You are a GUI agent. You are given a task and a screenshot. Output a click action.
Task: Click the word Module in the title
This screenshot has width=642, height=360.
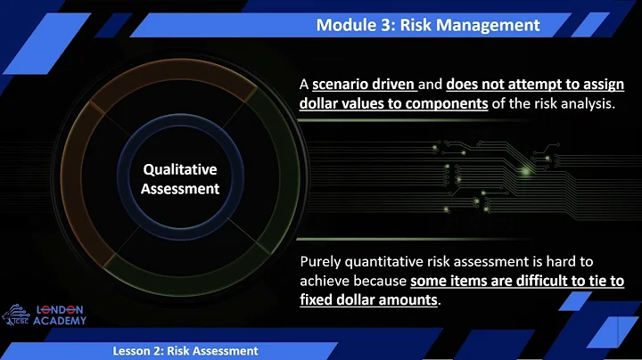[x=343, y=25]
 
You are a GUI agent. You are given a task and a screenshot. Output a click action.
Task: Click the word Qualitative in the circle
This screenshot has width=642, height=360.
[x=180, y=169]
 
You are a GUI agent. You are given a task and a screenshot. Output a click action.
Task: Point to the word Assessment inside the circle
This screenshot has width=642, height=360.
[x=180, y=188]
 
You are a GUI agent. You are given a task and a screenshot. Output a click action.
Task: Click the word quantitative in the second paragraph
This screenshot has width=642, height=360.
[x=391, y=261]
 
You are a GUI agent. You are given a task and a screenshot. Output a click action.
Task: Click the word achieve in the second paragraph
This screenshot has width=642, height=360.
[x=325, y=281]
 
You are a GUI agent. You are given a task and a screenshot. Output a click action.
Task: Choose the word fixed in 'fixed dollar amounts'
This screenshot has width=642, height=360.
[x=318, y=300]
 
